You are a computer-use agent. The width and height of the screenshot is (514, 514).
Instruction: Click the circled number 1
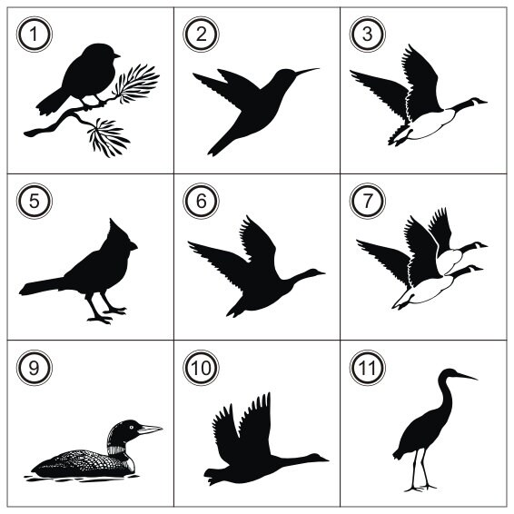pos(35,35)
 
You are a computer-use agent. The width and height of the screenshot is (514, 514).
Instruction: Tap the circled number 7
pos(368,201)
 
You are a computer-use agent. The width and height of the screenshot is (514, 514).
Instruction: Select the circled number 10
pos(201,368)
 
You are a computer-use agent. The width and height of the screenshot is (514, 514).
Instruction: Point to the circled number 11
pos(368,368)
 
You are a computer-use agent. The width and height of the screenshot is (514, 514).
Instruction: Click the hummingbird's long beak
pos(307,71)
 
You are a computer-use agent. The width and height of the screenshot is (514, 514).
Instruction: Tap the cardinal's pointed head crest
pos(116,230)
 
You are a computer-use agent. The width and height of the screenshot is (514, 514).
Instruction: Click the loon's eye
pos(132,427)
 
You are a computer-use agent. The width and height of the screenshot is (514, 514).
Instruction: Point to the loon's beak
pos(150,430)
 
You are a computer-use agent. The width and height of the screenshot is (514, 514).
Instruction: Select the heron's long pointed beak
pos(466,376)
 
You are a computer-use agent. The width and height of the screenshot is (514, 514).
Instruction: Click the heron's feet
pos(420,488)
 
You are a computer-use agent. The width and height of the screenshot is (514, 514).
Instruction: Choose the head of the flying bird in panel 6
pos(315,272)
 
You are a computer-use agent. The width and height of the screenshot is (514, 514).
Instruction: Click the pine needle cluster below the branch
pos(108,138)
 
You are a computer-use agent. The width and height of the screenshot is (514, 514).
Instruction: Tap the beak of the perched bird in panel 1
pos(117,55)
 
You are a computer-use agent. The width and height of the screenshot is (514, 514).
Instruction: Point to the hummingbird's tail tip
pos(213,151)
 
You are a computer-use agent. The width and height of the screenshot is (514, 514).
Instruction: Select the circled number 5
pos(35,201)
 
